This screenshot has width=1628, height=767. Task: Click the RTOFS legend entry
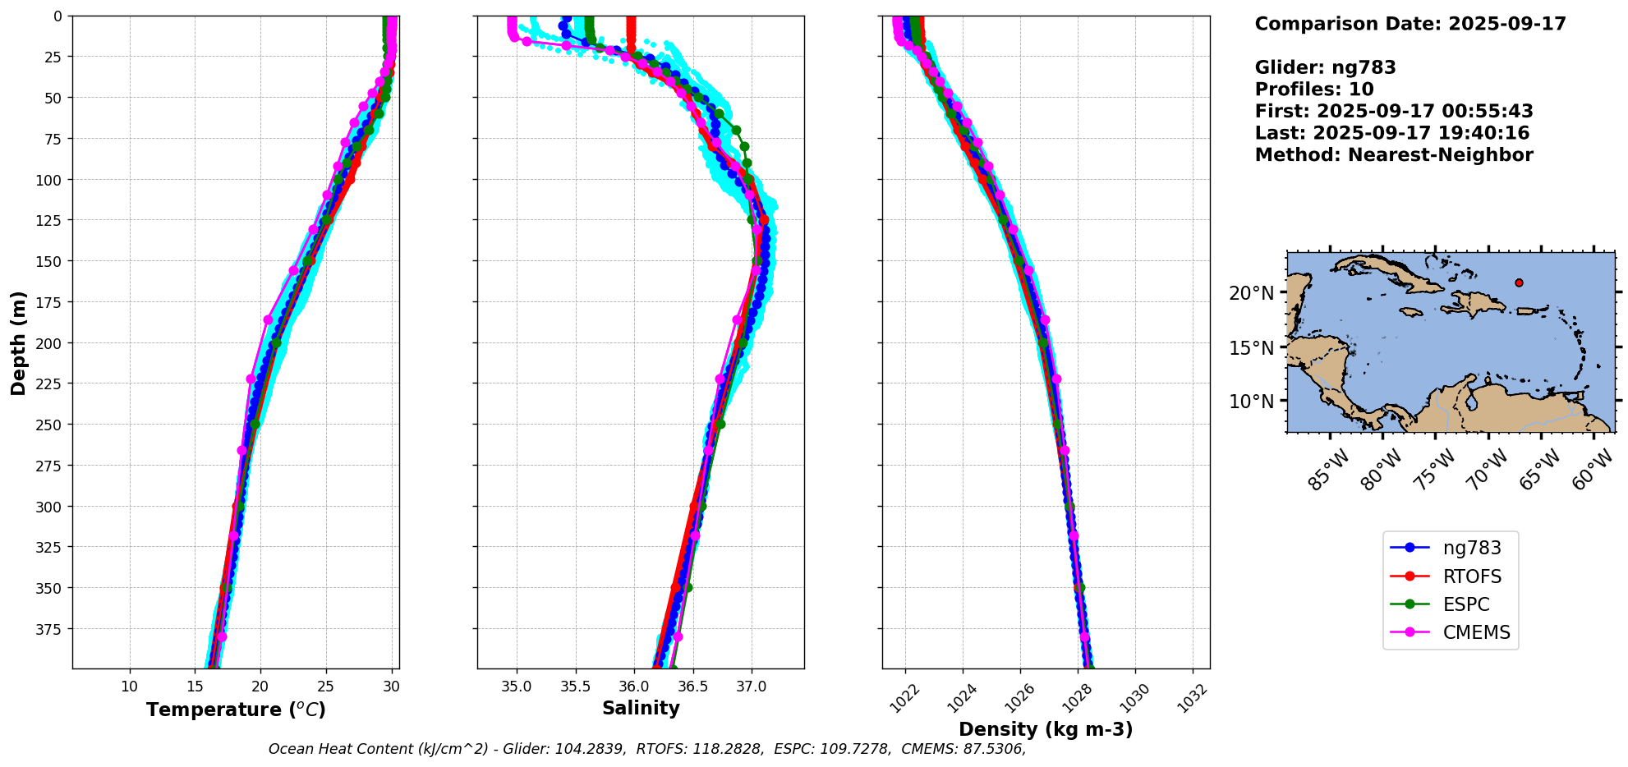click(x=1471, y=576)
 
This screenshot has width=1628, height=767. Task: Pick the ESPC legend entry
click(x=1465, y=604)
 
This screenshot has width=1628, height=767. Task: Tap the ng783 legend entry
click(x=1471, y=548)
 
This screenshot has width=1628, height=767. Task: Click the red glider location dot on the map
click(x=1519, y=282)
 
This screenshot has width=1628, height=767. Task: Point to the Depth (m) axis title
click(x=18, y=342)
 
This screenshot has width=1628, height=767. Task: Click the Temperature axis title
click(x=236, y=710)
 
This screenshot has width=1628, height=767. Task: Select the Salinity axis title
click(x=641, y=708)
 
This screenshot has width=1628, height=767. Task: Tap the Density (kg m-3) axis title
click(x=1046, y=729)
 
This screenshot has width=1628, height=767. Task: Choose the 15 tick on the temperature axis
click(x=195, y=686)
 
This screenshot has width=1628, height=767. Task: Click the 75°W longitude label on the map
click(x=1435, y=470)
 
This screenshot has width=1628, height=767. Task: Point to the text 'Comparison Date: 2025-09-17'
click(x=1410, y=24)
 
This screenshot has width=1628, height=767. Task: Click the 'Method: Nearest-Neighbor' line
click(x=1394, y=155)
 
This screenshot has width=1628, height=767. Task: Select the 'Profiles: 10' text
click(x=1314, y=90)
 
